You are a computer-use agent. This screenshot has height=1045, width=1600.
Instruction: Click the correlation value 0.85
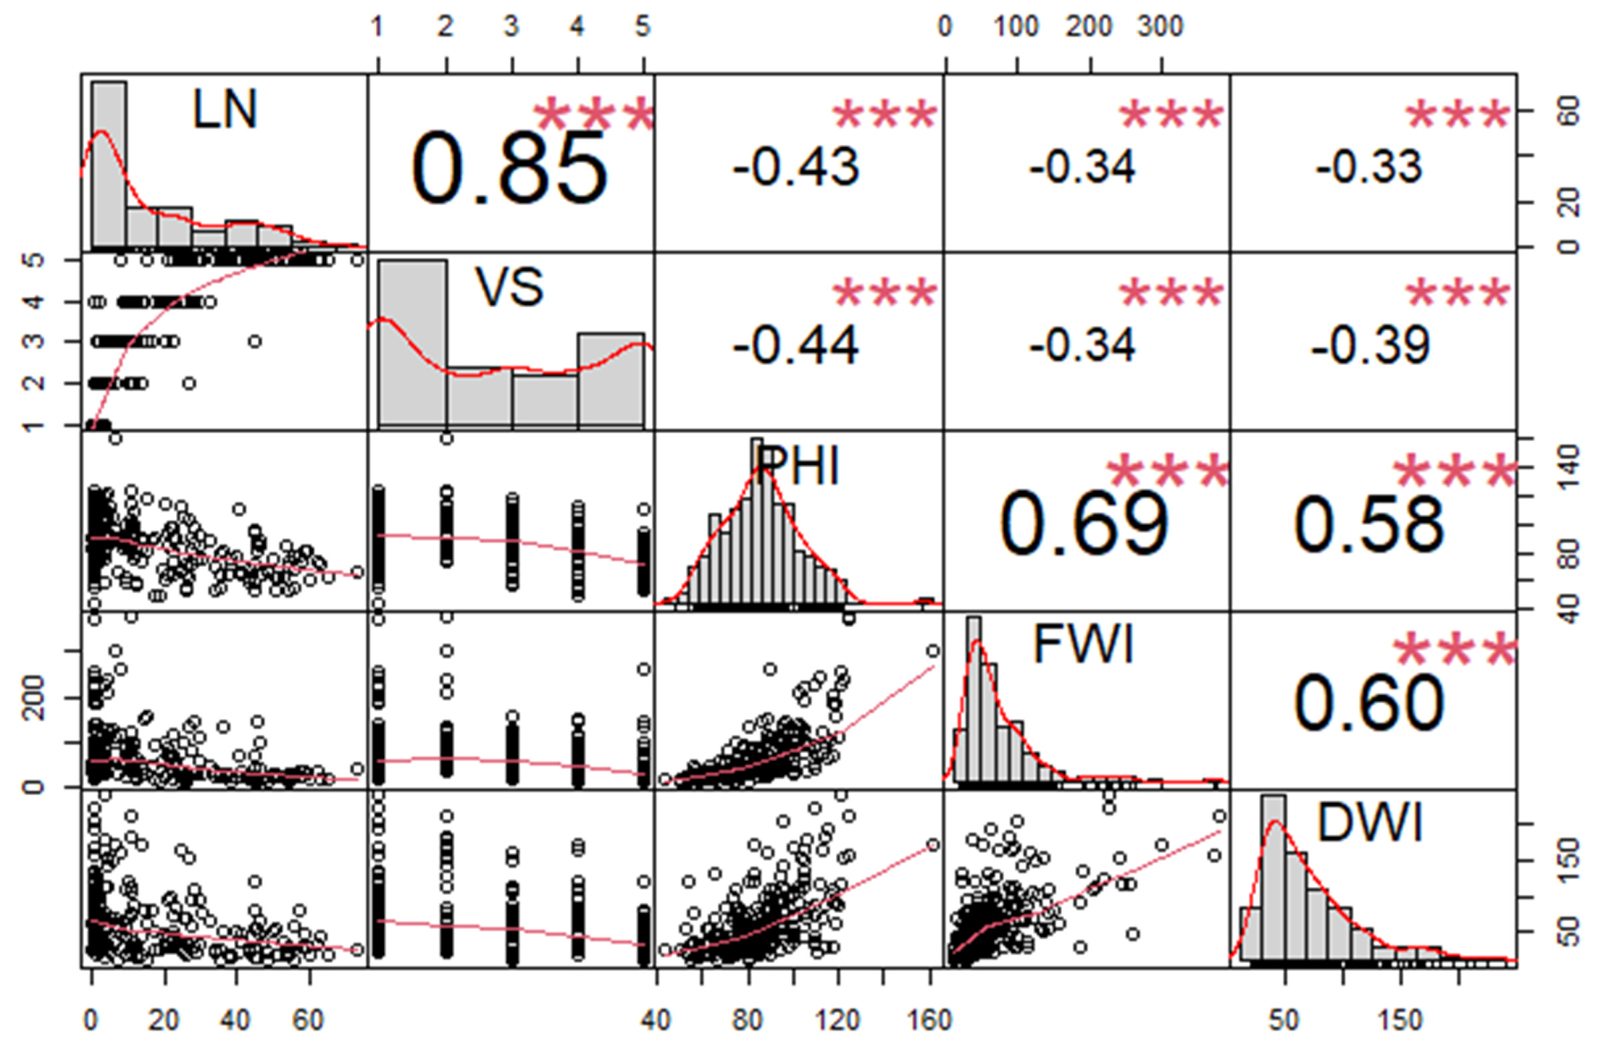click(x=510, y=168)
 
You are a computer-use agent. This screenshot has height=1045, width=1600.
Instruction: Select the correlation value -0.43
click(x=796, y=167)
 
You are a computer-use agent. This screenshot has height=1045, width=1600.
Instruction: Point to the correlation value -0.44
click(x=796, y=346)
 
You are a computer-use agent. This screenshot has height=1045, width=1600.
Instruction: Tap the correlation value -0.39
click(x=1369, y=346)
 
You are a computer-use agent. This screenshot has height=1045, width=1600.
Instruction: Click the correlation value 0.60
click(x=1369, y=702)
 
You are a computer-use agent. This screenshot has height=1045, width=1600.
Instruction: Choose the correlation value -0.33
click(x=1369, y=167)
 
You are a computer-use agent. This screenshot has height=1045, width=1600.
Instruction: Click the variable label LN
click(x=225, y=109)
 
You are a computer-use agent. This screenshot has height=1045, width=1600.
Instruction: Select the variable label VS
click(x=510, y=287)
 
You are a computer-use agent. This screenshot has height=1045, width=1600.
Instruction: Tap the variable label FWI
click(x=1083, y=644)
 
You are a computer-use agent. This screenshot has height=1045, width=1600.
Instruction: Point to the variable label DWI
click(x=1369, y=823)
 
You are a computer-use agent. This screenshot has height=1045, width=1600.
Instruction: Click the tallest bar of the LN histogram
click(x=109, y=165)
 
